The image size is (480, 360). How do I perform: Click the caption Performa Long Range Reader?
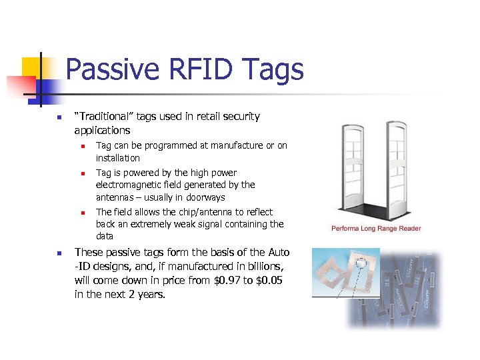coord(376,229)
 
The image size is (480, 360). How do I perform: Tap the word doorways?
coord(206,197)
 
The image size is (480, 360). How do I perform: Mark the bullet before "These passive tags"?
coord(59,253)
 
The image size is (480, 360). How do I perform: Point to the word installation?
coord(118,158)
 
